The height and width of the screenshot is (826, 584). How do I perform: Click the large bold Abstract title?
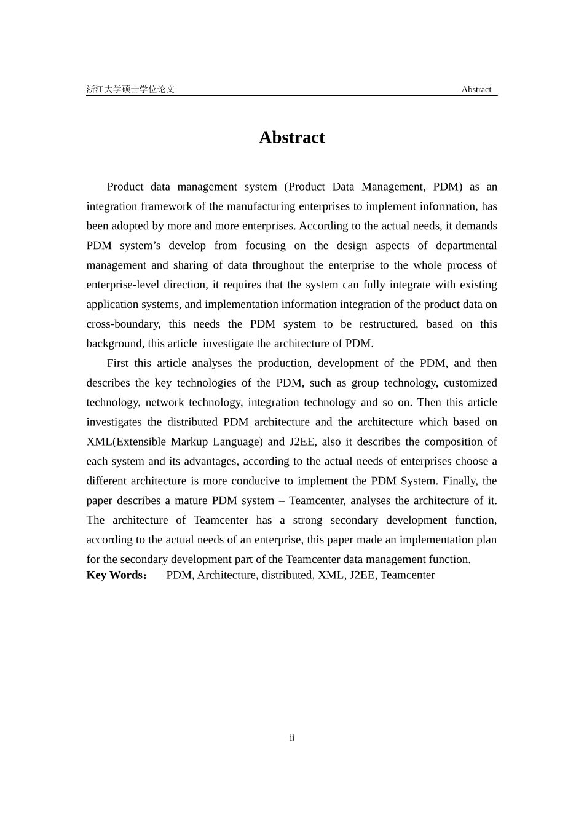[291, 137]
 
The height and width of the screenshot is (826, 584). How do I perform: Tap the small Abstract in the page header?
[476, 90]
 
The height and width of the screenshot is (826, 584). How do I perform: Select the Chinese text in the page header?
[130, 90]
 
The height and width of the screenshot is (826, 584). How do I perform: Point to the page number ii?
[292, 737]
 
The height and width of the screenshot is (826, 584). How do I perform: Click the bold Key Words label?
[116, 575]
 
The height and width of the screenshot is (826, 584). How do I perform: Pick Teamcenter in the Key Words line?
[408, 575]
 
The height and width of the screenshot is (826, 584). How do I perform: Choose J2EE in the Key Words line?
[362, 575]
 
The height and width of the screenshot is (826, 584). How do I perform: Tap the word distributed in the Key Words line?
[286, 575]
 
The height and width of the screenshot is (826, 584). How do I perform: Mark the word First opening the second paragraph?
[117, 363]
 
